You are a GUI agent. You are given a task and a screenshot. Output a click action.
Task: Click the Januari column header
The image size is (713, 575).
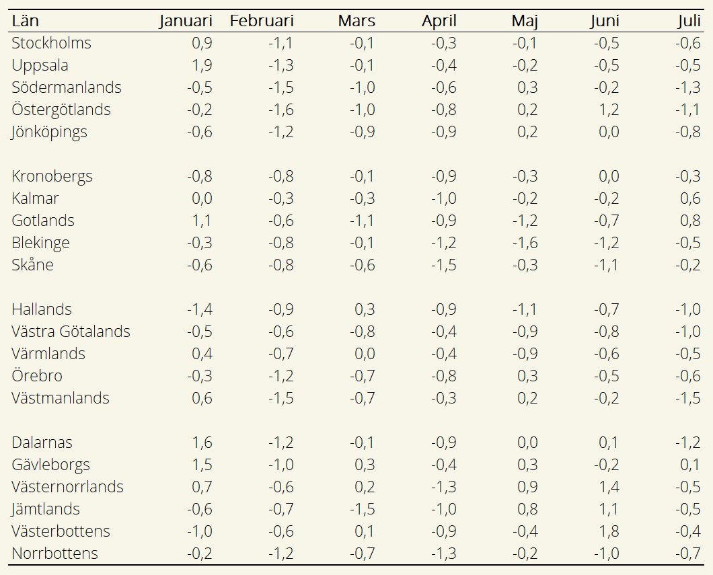click(x=186, y=21)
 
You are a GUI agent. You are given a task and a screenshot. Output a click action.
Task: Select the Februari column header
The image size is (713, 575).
click(x=262, y=21)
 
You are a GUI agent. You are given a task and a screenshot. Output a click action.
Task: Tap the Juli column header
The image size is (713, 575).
click(x=689, y=21)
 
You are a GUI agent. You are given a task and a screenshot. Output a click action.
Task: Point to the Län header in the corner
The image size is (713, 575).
click(x=25, y=21)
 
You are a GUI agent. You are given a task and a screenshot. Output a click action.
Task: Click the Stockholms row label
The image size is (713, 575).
click(x=51, y=43)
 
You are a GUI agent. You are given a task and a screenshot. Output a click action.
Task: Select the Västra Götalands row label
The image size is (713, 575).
click(x=71, y=332)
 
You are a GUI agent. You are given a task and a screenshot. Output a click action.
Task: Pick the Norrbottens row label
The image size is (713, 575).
click(x=55, y=553)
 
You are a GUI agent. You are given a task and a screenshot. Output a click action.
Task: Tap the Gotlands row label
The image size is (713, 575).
click(x=43, y=221)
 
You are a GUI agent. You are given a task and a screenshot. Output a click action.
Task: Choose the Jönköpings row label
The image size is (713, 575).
click(x=49, y=132)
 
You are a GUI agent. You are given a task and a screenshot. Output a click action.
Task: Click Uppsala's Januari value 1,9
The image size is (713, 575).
click(x=202, y=65)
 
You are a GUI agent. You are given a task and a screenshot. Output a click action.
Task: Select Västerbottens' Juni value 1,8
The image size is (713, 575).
click(x=609, y=531)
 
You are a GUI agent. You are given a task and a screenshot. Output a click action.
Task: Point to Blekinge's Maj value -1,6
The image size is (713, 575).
click(x=525, y=243)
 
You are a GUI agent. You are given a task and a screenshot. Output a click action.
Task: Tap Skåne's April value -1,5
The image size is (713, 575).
click(x=444, y=265)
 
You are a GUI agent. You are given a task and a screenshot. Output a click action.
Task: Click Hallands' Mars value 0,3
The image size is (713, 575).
click(x=365, y=309)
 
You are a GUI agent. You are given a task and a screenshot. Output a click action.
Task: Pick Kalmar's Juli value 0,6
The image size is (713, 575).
click(x=690, y=198)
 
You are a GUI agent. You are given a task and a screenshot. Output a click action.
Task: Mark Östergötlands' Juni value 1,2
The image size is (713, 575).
click(x=609, y=110)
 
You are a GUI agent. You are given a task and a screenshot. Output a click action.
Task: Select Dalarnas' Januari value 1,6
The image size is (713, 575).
click(x=202, y=443)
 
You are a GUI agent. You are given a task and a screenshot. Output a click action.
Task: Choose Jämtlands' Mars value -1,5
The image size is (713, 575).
click(x=363, y=509)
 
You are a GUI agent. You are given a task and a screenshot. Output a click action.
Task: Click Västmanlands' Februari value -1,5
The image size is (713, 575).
click(x=281, y=398)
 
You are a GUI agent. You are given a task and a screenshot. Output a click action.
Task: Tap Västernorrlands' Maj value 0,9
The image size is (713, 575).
click(x=527, y=487)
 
